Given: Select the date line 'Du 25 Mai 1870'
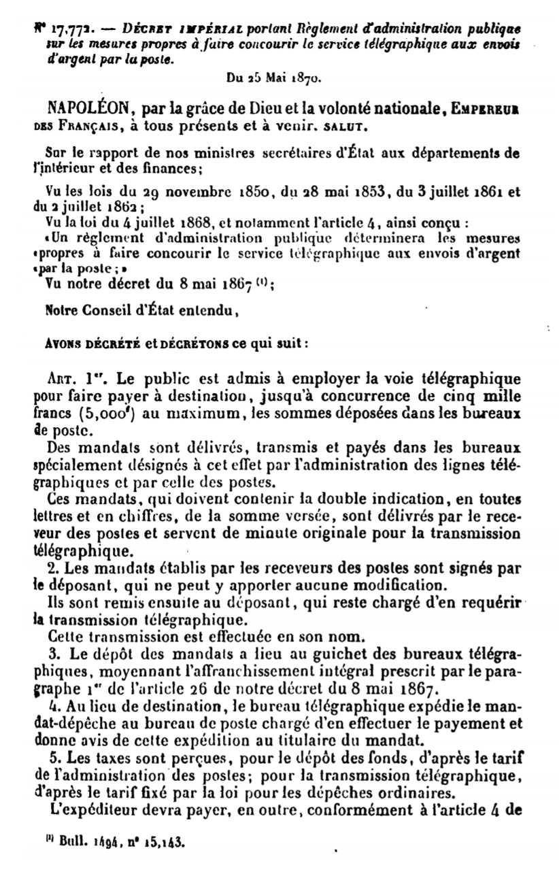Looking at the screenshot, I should [x=273, y=78].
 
